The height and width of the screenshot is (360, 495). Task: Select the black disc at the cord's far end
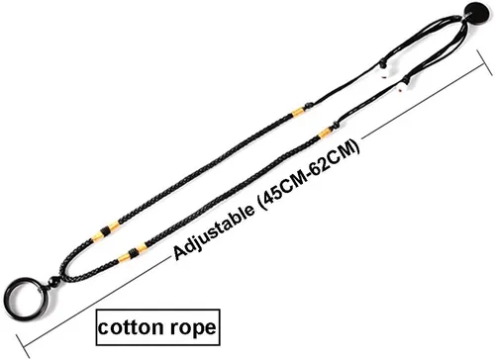pyautogui.click(x=477, y=13)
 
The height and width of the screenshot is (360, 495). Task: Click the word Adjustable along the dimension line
pyautogui.click(x=214, y=233)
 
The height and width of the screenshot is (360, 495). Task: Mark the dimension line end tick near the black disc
pyautogui.click(x=484, y=62)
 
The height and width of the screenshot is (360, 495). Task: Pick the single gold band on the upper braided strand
pyautogui.click(x=298, y=112)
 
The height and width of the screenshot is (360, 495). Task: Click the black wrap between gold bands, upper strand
pyautogui.click(x=105, y=231)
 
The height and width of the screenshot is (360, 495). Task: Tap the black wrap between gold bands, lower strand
pyautogui.click(x=133, y=252)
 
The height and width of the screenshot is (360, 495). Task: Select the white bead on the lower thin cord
pyautogui.click(x=402, y=88)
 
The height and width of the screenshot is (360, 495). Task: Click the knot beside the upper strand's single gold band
pyautogui.click(x=309, y=106)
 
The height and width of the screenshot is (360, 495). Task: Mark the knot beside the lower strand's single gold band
pyautogui.click(x=337, y=125)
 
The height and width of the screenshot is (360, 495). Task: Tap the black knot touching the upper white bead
pyautogui.click(x=382, y=61)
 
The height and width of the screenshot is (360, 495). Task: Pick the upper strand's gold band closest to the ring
pyautogui.click(x=97, y=237)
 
